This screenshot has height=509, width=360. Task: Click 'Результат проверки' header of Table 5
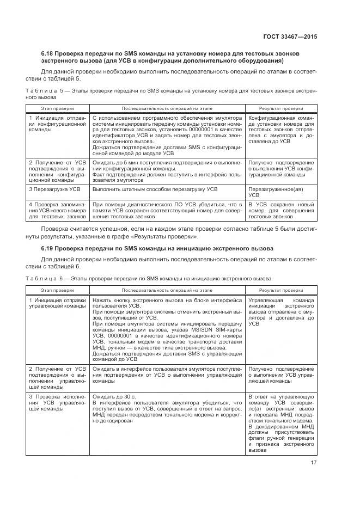coord(281,108)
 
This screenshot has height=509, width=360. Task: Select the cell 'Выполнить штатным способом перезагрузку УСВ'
coord(155,189)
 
